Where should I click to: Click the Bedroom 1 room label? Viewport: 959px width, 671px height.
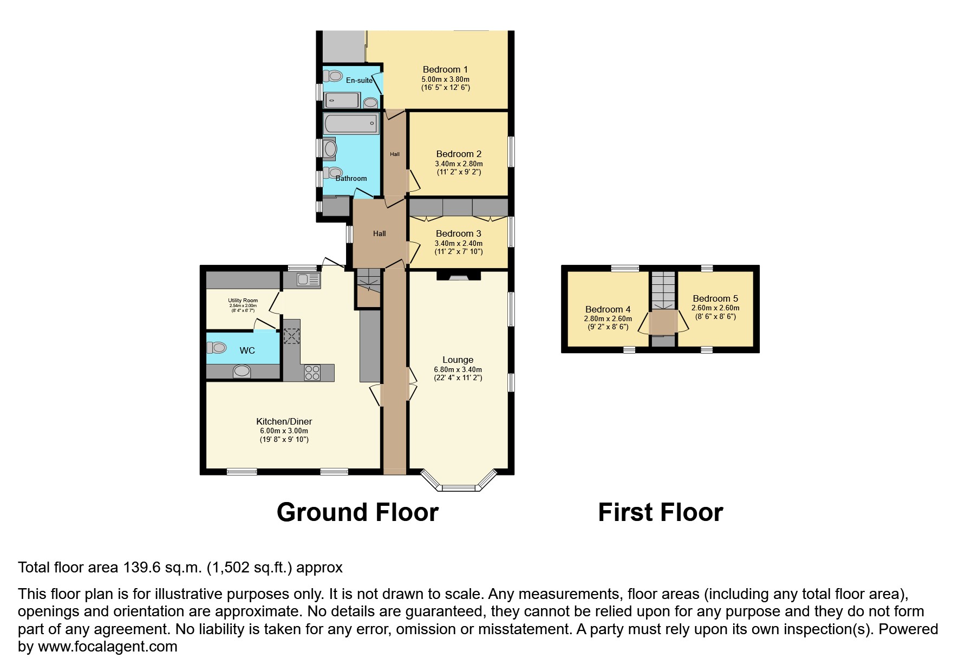point(445,69)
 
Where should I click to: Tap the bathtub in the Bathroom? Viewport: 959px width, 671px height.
point(350,123)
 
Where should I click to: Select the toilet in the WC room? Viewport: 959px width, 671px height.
point(217,347)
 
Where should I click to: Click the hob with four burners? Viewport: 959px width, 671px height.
point(312,373)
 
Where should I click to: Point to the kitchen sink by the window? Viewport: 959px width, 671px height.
point(309,280)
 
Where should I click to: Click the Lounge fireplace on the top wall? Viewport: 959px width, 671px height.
point(459,276)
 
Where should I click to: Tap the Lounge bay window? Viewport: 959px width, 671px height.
point(459,483)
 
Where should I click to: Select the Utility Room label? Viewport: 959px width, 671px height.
point(243,300)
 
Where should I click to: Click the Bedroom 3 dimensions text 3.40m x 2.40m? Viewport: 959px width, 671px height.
point(459,243)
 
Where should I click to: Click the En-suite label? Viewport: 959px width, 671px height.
point(359,81)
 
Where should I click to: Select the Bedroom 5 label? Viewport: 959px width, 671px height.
point(715,298)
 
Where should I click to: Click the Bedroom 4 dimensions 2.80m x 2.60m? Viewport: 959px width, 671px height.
point(608,318)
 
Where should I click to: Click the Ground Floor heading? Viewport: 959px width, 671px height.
point(357,512)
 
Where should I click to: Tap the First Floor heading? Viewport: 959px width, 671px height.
point(660,512)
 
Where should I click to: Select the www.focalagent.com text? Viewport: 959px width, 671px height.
point(107,647)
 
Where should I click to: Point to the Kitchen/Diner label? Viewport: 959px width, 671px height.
point(284,421)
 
